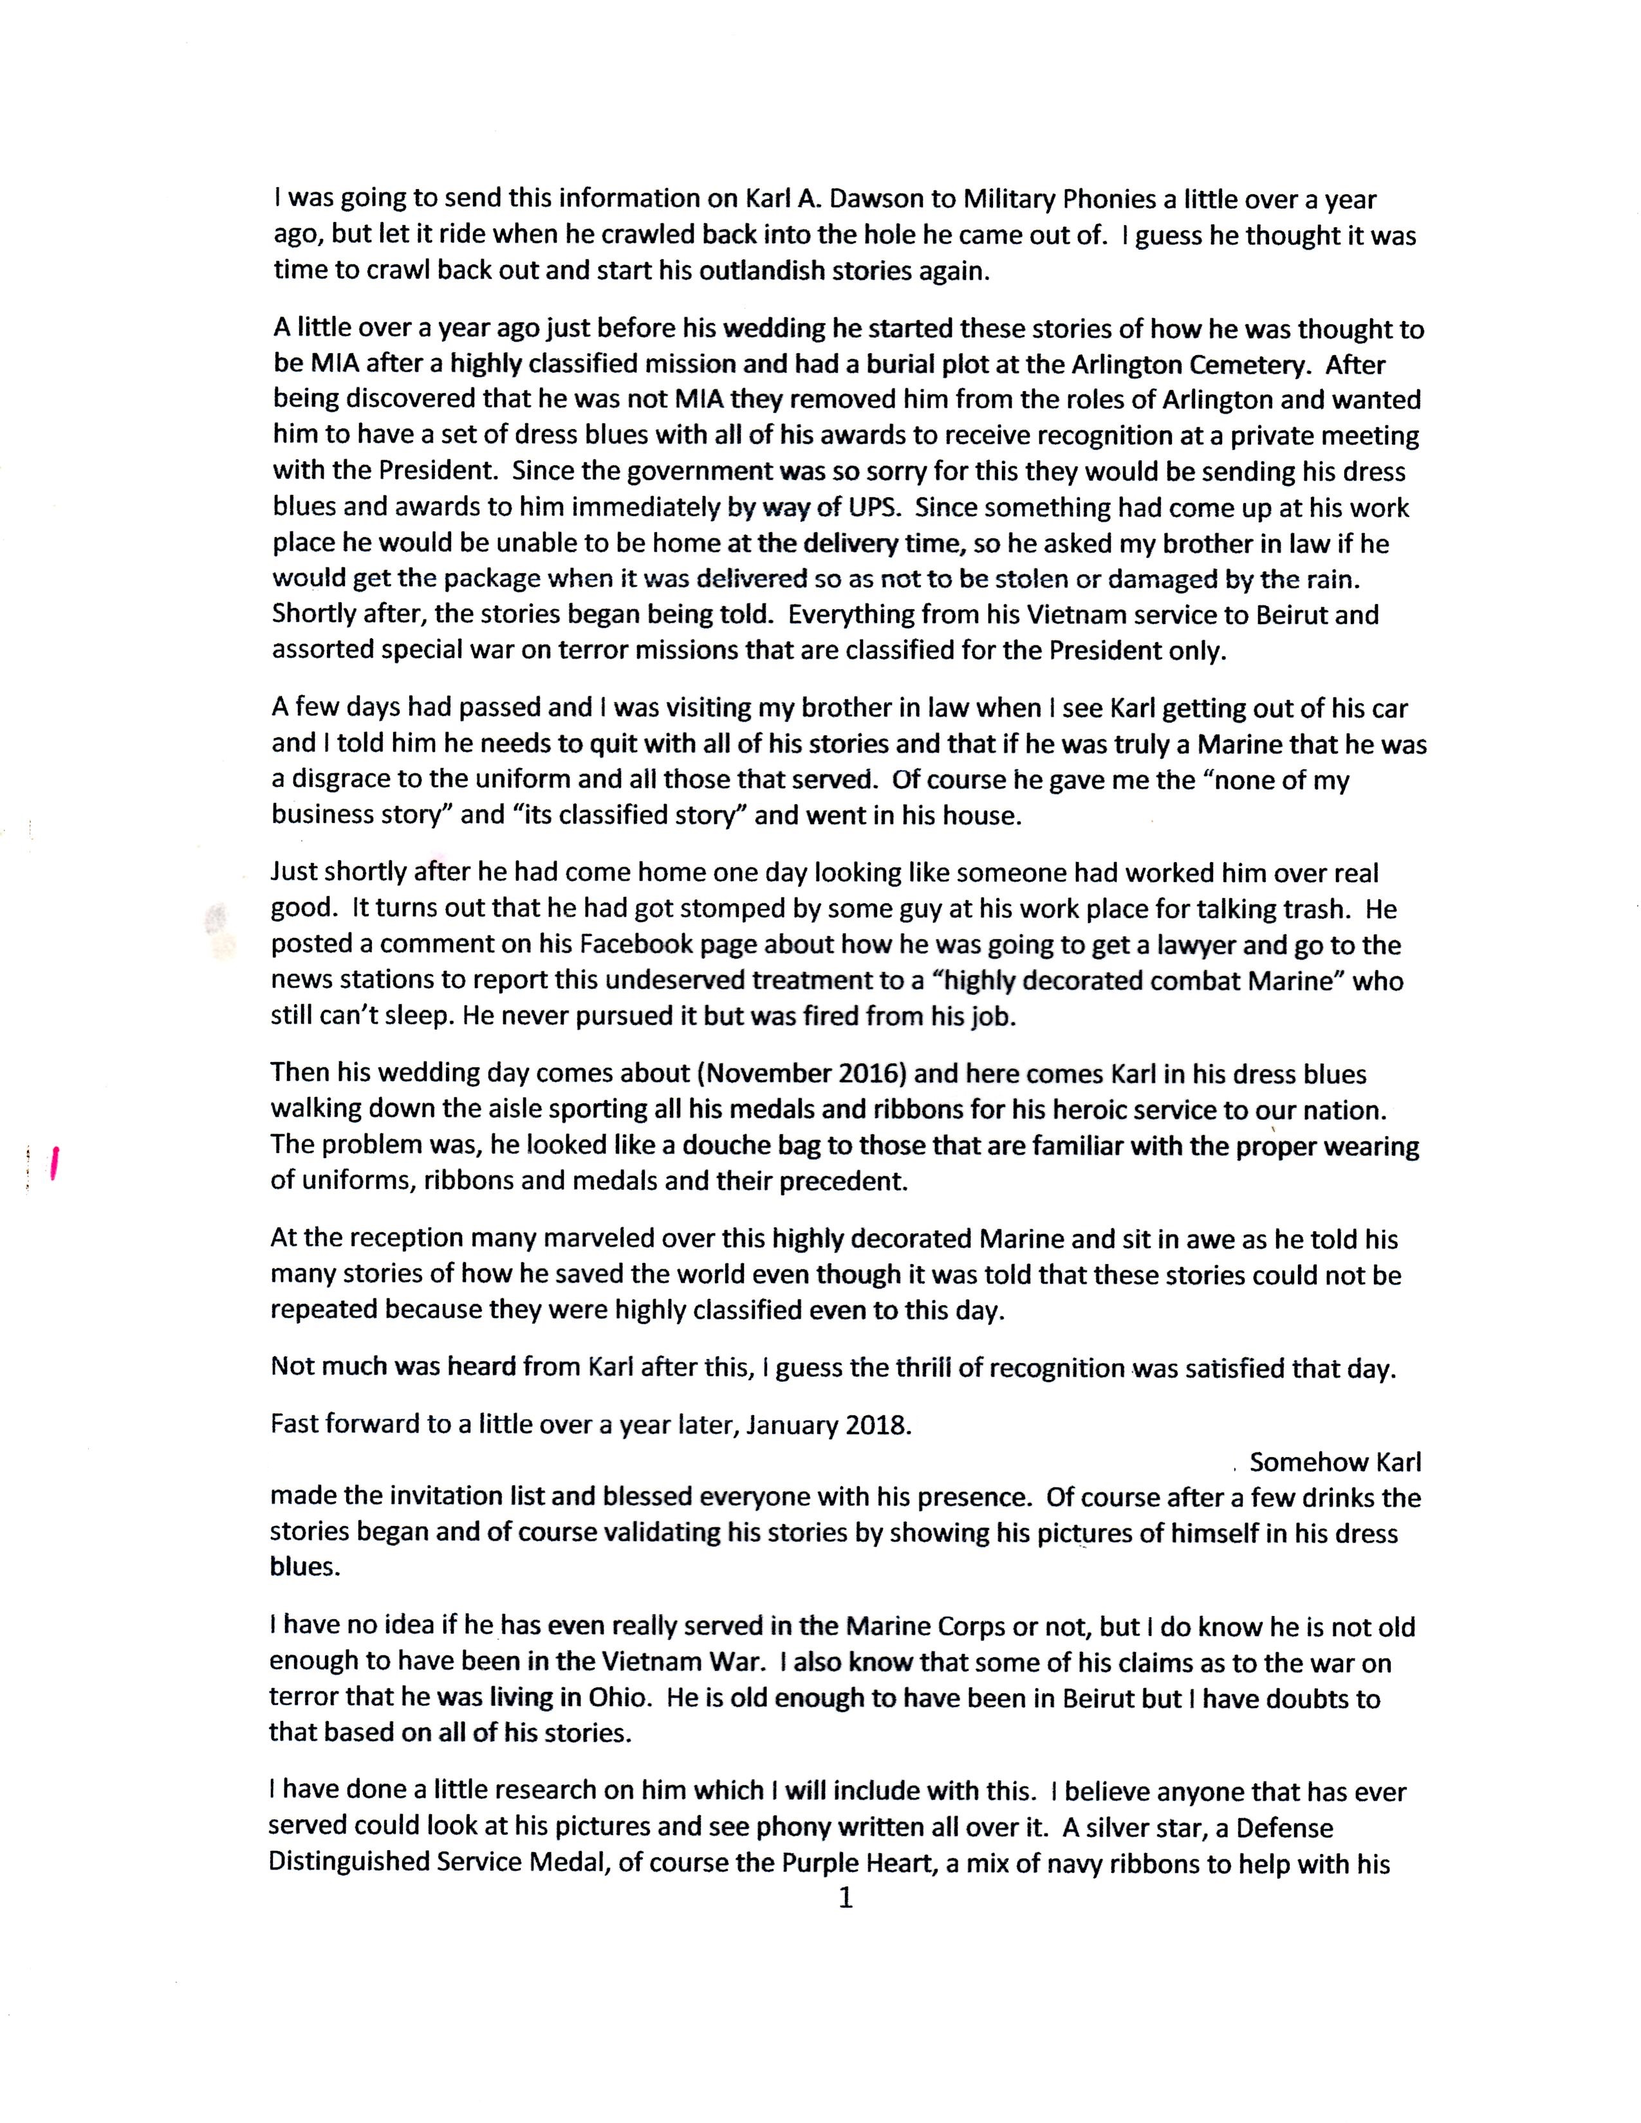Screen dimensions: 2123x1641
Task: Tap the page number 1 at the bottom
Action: [845, 1898]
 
